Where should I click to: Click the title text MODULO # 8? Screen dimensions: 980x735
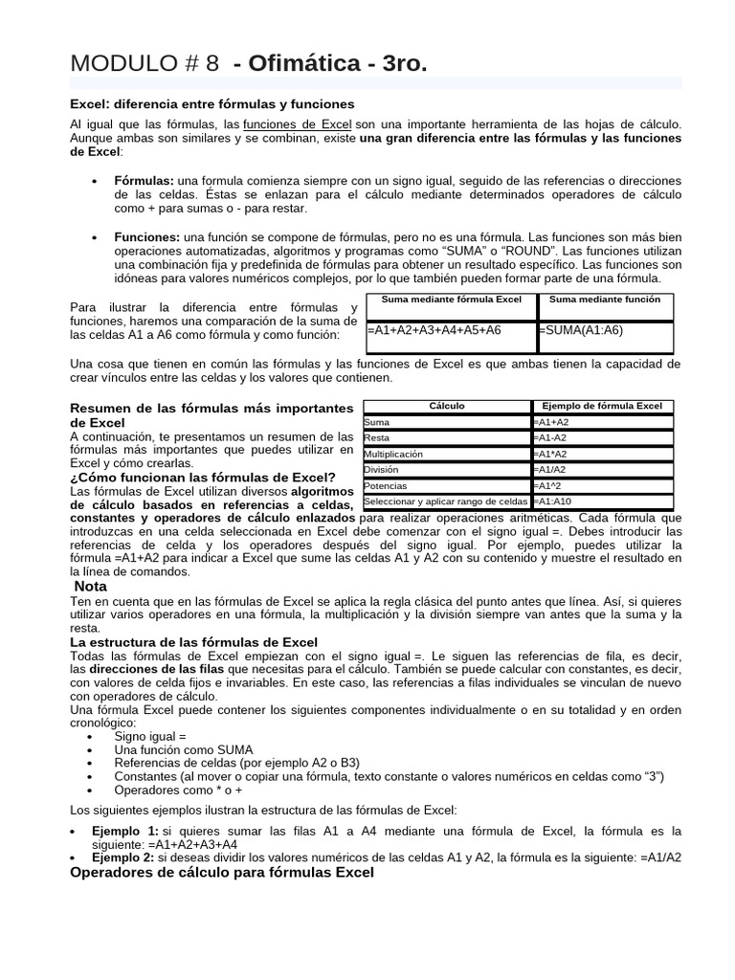coord(145,63)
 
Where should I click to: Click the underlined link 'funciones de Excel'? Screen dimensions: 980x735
coord(298,125)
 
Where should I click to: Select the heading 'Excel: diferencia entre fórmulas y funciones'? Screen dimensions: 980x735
coord(212,103)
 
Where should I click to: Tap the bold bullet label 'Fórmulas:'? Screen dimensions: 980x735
coord(144,181)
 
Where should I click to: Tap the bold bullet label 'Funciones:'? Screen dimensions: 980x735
coord(146,236)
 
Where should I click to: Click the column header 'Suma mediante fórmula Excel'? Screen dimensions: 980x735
coord(452,300)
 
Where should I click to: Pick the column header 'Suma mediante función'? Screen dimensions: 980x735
coord(606,300)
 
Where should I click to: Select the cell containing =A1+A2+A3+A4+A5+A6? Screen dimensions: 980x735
coord(434,330)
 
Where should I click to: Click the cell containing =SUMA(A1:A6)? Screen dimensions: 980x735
coord(581,330)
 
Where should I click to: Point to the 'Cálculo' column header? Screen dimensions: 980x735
coord(447,406)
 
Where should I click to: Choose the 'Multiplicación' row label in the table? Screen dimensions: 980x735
coord(393,454)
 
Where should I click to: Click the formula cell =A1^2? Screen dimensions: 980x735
coord(550,485)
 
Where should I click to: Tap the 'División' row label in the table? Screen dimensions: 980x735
coord(381,470)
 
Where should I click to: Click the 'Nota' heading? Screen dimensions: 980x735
coord(91,586)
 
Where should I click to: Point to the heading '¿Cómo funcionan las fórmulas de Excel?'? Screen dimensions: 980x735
coord(202,477)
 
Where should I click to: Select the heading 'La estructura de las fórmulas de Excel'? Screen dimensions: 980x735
coord(194,641)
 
